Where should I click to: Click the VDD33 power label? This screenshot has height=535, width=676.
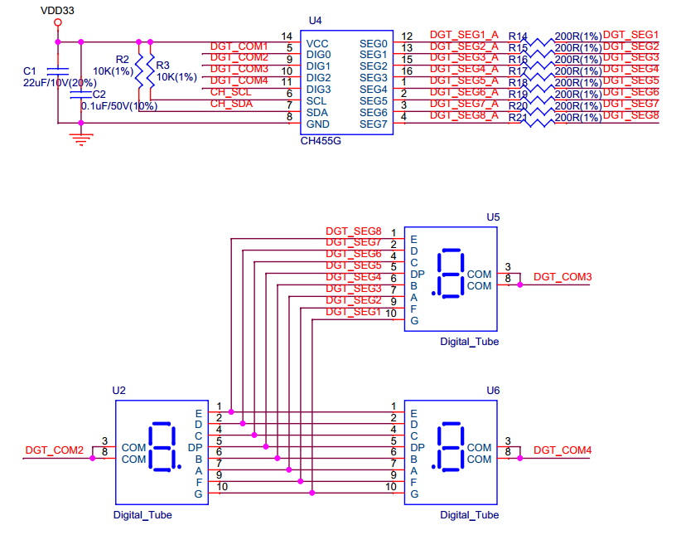click(57, 11)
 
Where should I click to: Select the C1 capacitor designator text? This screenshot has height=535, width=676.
click(30, 72)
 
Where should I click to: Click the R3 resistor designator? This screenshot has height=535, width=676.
click(162, 66)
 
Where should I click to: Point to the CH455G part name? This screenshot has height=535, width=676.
click(321, 141)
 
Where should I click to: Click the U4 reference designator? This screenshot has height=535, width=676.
click(315, 20)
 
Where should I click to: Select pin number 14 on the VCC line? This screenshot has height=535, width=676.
click(287, 36)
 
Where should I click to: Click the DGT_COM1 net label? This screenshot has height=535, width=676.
click(239, 46)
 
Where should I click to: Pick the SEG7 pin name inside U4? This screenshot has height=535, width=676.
click(373, 124)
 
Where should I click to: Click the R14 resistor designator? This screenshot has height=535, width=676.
click(518, 37)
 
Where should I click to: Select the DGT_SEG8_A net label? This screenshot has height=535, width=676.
click(464, 114)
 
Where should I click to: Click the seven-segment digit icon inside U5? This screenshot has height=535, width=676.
click(450, 272)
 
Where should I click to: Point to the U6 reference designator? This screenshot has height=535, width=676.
click(493, 390)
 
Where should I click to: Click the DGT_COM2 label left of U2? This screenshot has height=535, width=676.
click(55, 450)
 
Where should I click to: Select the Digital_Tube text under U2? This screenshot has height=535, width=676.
click(142, 515)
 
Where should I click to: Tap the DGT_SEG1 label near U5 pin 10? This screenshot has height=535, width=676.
click(353, 312)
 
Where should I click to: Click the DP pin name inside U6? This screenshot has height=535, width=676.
click(418, 447)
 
